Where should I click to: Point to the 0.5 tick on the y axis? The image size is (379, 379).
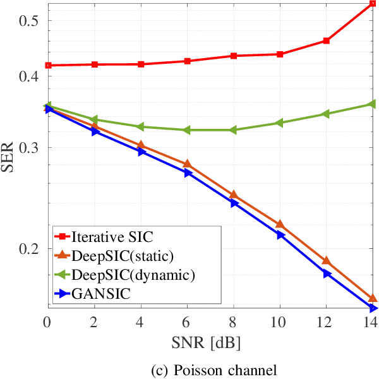(x=30, y=20)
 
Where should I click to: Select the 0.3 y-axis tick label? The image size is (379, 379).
(x=30, y=148)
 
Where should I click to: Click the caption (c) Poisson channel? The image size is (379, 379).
(x=209, y=368)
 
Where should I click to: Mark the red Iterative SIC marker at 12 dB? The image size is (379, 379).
(x=327, y=40)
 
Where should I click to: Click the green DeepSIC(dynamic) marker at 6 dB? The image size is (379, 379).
(x=187, y=130)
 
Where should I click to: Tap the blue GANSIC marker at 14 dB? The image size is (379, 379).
(x=373, y=308)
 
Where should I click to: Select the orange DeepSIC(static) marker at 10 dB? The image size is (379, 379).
(x=280, y=224)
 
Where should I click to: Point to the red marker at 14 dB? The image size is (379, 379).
(x=373, y=4)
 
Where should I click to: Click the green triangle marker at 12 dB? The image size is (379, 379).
(x=326, y=114)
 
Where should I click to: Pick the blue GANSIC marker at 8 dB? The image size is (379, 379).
(x=234, y=203)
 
